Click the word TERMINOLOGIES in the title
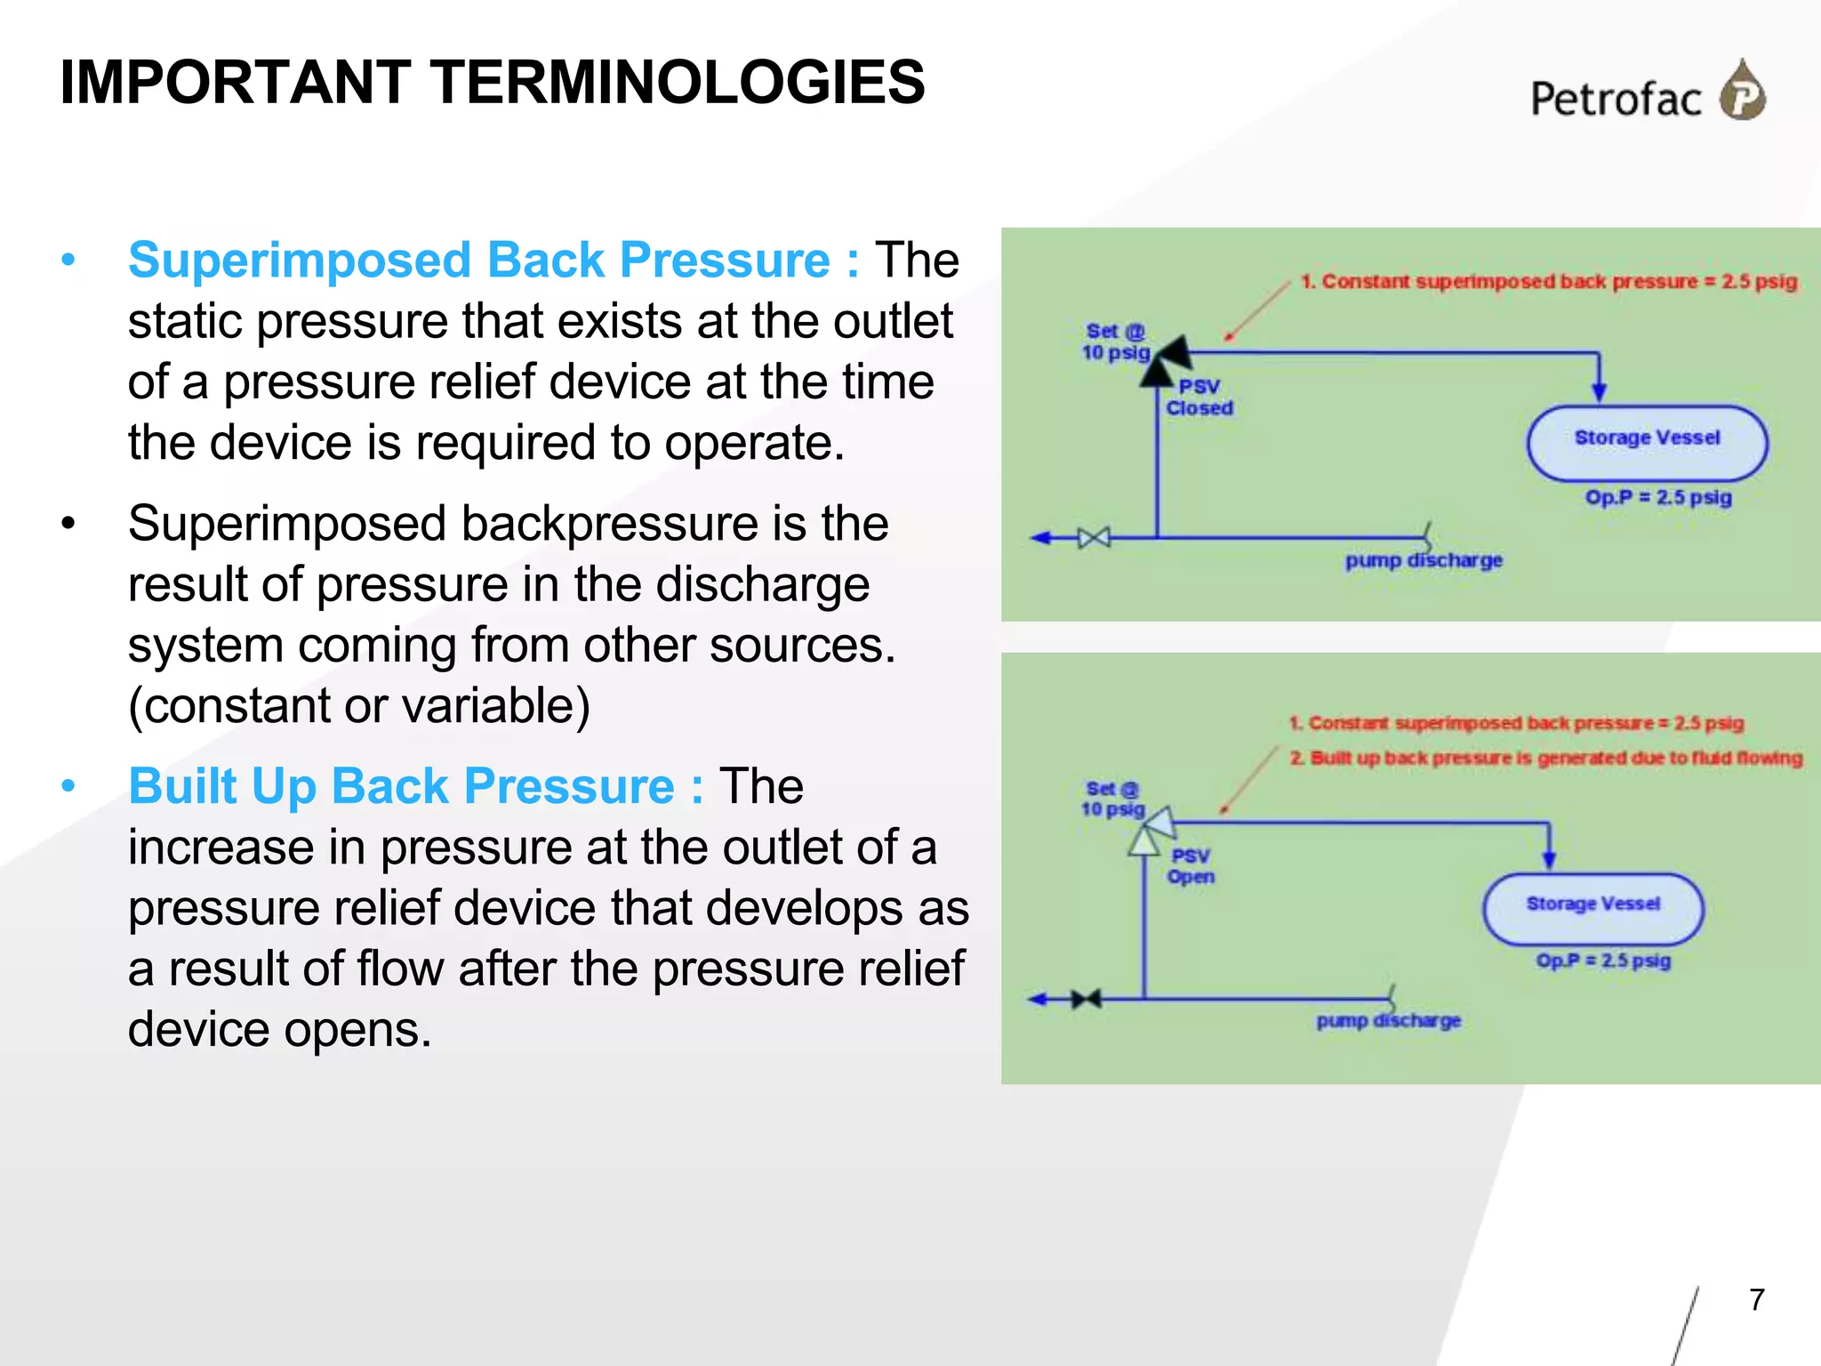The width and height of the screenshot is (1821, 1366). [679, 83]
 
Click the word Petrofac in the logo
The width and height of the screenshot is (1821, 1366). [1616, 99]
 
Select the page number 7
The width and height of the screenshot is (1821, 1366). [1756, 1300]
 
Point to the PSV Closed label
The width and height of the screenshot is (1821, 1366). [1199, 398]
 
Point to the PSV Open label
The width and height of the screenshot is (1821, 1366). [1191, 866]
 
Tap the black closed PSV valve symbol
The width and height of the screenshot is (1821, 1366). [1165, 360]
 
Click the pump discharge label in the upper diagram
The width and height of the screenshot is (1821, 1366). [1424, 560]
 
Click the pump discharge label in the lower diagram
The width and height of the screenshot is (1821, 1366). [1388, 1020]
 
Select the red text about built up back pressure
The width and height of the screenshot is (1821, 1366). [1545, 758]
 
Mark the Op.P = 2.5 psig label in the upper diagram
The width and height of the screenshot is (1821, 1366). [1658, 496]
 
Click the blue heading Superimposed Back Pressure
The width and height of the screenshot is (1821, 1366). [493, 261]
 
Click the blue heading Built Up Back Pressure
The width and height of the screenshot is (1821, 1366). [415, 786]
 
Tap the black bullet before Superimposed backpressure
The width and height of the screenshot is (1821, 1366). [68, 524]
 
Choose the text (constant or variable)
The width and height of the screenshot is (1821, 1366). [358, 705]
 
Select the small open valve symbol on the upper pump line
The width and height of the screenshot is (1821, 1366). [1094, 537]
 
